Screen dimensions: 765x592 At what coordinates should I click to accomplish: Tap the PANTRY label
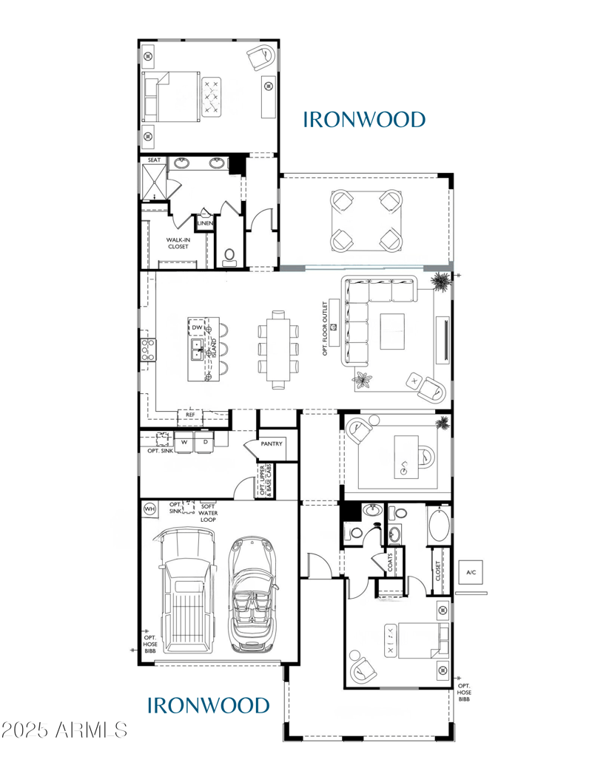point(272,444)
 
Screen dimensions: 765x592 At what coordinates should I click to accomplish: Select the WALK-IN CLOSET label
point(178,243)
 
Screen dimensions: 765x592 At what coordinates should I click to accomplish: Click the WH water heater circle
point(149,509)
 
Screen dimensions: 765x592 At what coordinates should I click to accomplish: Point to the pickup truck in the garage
point(186,591)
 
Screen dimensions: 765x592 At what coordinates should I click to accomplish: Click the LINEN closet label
point(205,222)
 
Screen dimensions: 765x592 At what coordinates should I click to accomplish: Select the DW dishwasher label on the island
point(198,327)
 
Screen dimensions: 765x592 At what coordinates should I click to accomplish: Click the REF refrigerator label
point(190,415)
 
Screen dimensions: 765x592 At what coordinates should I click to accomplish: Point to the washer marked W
point(184,442)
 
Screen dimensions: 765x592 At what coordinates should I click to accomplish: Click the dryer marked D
point(204,442)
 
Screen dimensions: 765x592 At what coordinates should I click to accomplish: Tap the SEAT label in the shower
point(154,160)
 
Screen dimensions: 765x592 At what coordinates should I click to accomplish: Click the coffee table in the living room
point(393,331)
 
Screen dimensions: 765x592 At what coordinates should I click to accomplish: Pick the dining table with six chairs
point(278,347)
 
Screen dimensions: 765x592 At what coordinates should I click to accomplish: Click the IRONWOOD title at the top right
point(364,119)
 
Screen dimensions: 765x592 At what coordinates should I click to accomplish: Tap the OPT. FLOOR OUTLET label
point(324,327)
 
